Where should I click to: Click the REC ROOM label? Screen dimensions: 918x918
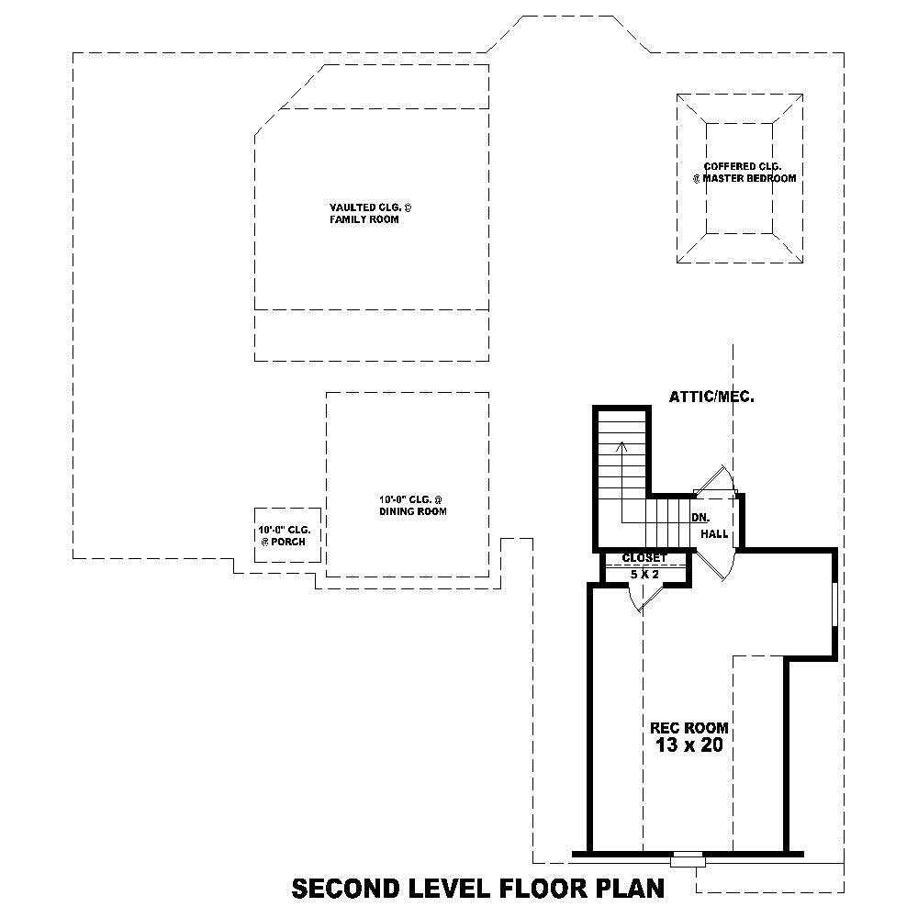pyautogui.click(x=689, y=727)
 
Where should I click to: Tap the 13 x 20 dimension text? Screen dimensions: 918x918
pyautogui.click(x=689, y=745)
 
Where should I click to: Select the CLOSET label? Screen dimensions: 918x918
pyautogui.click(x=644, y=558)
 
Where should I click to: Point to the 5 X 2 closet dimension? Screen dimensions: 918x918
pyautogui.click(x=644, y=574)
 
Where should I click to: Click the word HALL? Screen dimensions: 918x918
pyautogui.click(x=714, y=533)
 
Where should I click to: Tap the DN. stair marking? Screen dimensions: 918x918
pyautogui.click(x=700, y=517)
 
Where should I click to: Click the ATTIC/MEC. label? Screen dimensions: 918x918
pyautogui.click(x=711, y=397)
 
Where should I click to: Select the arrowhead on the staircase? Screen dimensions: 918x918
pyautogui.click(x=622, y=446)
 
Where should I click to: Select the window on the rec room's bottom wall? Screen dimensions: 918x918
pyautogui.click(x=687, y=859)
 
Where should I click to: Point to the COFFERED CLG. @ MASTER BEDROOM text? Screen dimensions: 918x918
pyautogui.click(x=744, y=173)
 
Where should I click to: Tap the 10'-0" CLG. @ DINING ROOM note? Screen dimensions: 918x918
pyautogui.click(x=412, y=505)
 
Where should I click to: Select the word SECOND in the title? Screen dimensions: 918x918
pyautogui.click(x=345, y=889)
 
